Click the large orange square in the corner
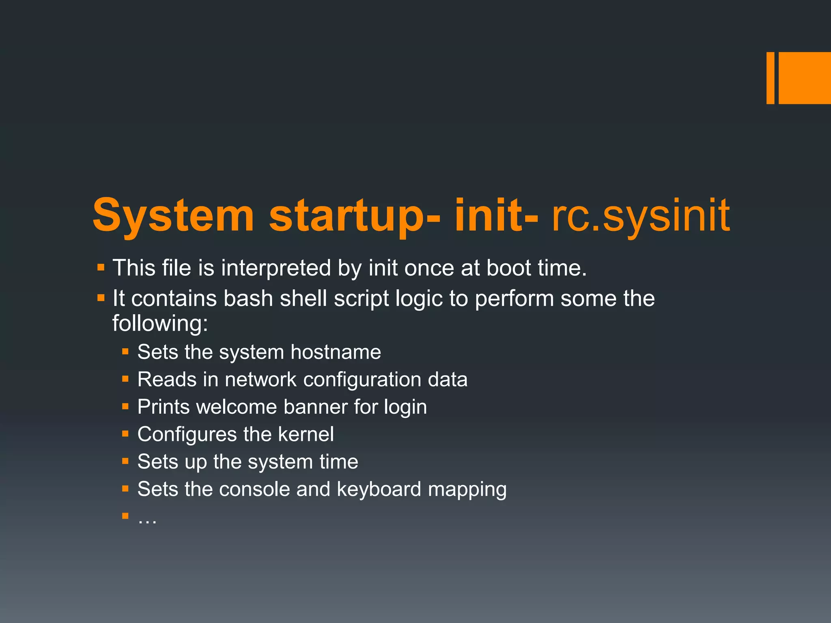coord(805,78)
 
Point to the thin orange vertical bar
coord(770,78)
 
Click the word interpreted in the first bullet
coord(276,269)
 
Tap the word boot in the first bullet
coord(508,269)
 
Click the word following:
coord(160,324)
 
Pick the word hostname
coord(336,352)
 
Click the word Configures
coord(187,434)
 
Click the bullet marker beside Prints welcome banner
coord(125,406)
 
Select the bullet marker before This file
coord(101,268)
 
